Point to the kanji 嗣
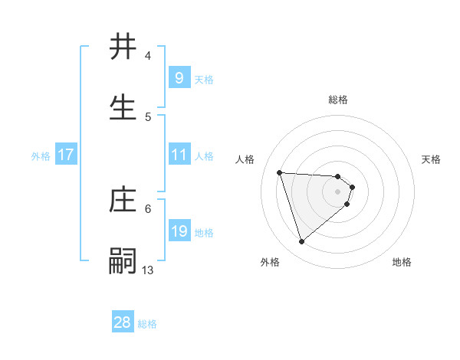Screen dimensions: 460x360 [x=123, y=261]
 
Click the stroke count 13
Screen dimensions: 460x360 [x=148, y=270]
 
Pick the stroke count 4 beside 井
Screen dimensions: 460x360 [x=148, y=56]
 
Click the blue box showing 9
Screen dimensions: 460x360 [x=179, y=78]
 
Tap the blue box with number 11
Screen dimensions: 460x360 [x=179, y=155]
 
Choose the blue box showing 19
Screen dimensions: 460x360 [x=179, y=231]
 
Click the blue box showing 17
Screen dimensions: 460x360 [x=66, y=155]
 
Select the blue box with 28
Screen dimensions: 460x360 [x=123, y=322]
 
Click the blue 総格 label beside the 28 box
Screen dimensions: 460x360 [x=147, y=324]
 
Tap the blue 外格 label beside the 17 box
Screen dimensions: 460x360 [x=41, y=156]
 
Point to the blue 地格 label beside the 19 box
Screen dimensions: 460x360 [x=204, y=233]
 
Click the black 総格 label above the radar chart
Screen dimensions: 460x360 [x=338, y=100]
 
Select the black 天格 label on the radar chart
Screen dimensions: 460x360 [x=431, y=159]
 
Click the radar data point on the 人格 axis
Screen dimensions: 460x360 [x=280, y=172]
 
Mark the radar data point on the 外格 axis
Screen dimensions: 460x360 [x=301, y=242]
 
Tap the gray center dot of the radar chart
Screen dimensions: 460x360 [x=338, y=191]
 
